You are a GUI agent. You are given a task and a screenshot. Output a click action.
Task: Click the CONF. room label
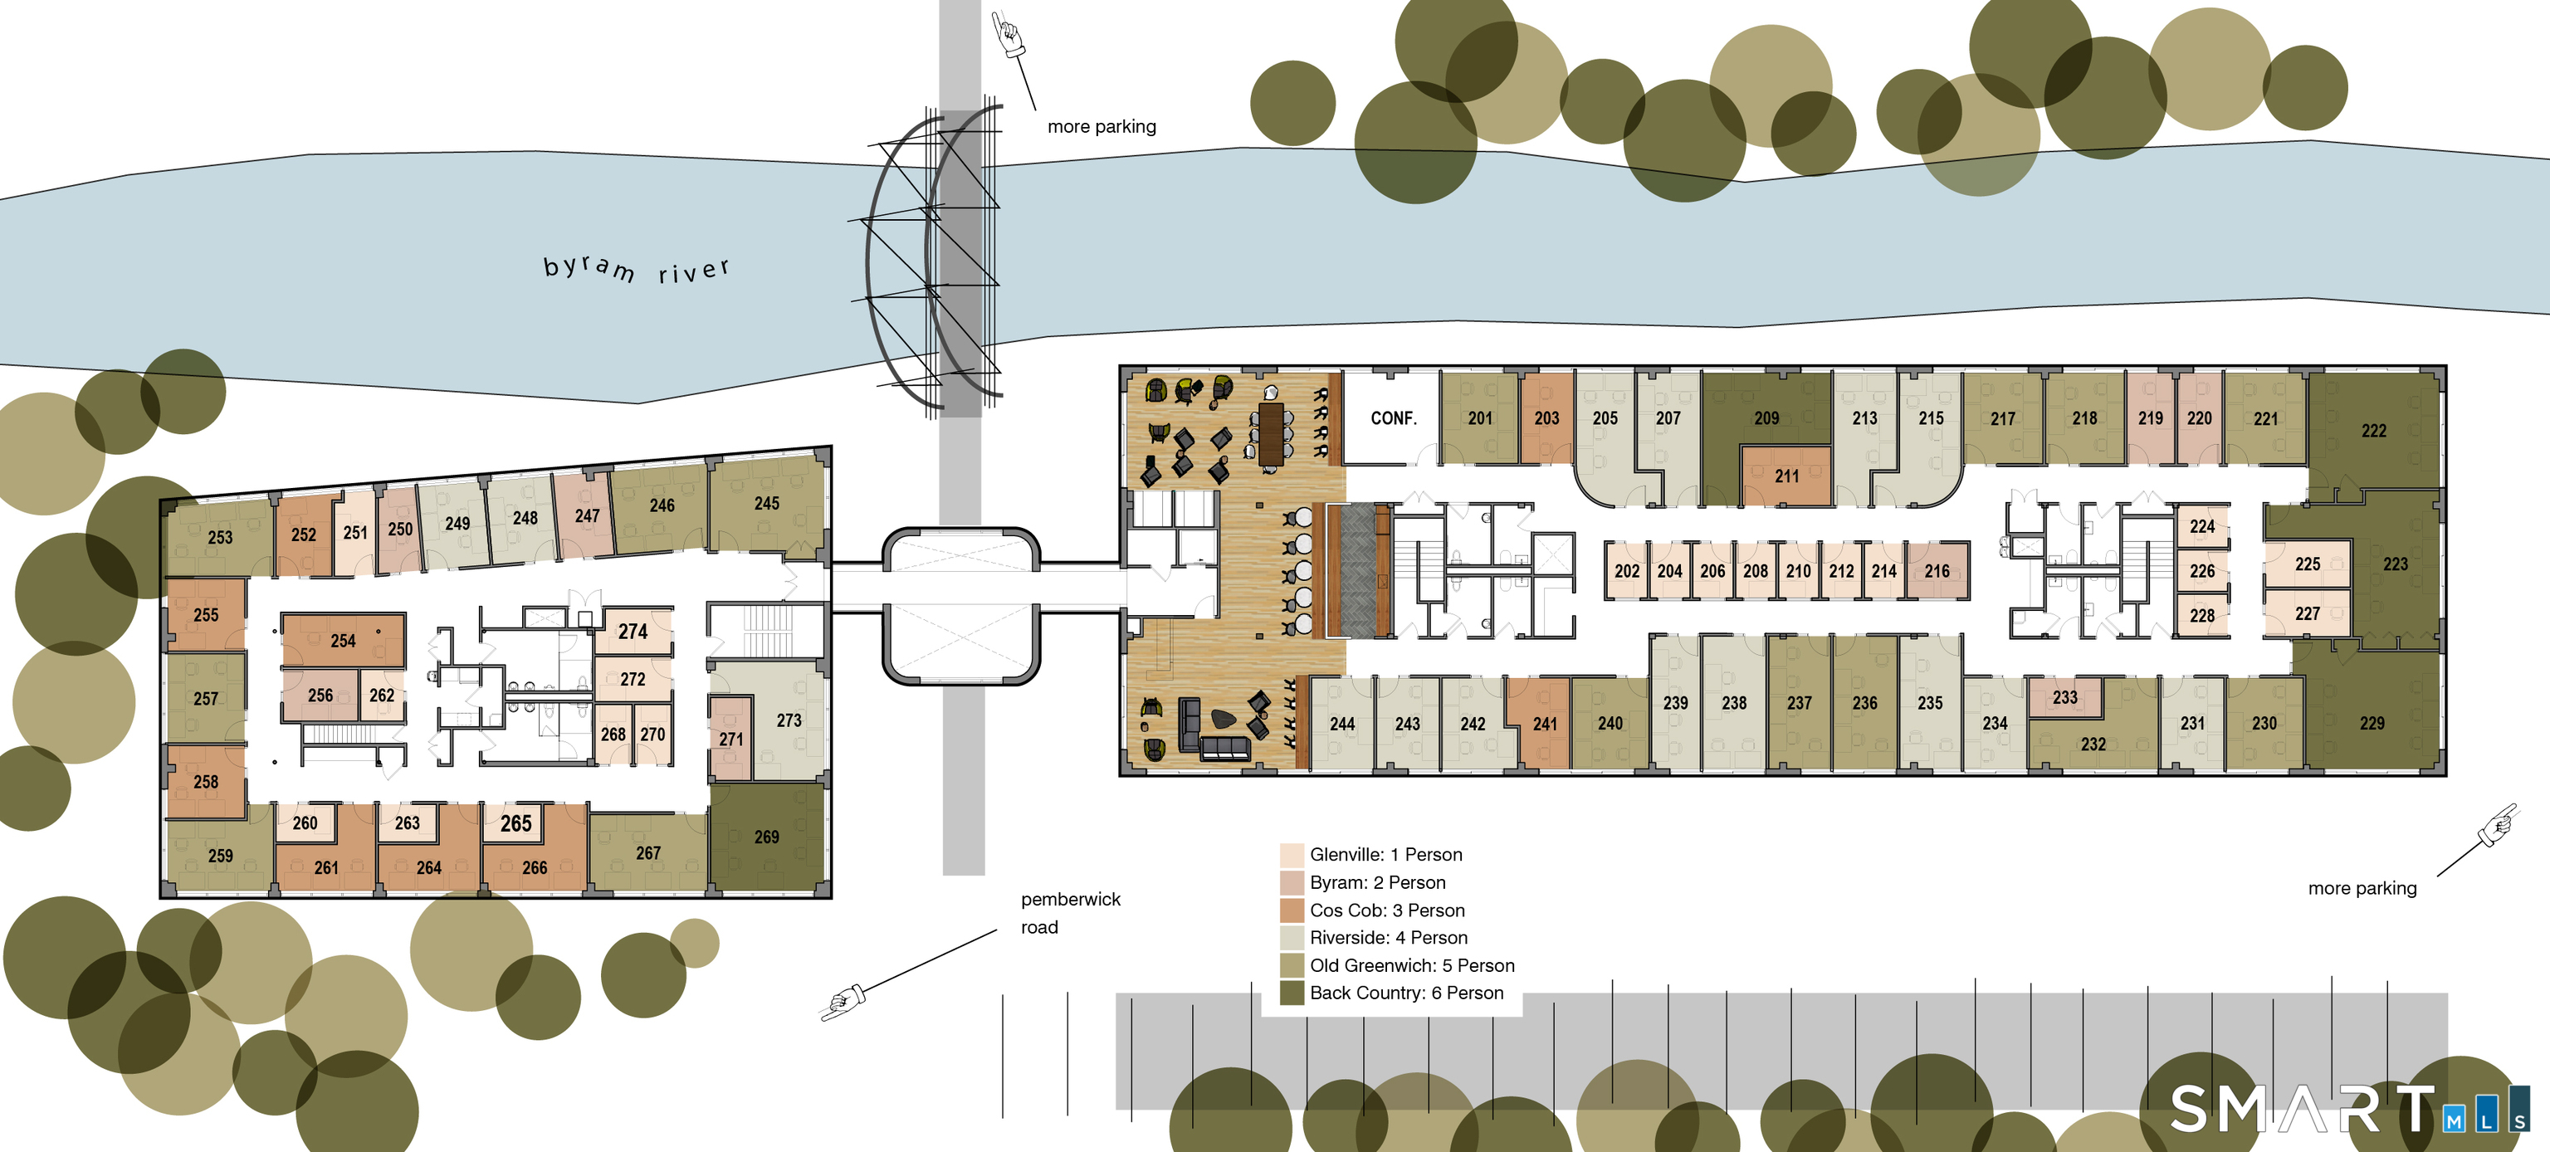click(x=1393, y=418)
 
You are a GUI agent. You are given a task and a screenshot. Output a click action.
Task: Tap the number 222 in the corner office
click(x=2373, y=431)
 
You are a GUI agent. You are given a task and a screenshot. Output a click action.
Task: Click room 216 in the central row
click(x=1937, y=571)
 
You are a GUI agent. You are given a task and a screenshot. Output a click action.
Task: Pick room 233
click(x=2065, y=696)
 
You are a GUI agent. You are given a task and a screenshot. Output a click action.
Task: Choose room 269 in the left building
click(x=766, y=837)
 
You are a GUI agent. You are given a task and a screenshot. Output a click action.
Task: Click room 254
click(x=343, y=641)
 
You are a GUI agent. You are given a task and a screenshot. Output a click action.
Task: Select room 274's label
click(x=633, y=632)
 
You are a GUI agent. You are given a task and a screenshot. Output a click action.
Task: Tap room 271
click(x=730, y=739)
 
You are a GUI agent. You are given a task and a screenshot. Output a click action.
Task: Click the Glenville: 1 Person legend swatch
click(x=1291, y=854)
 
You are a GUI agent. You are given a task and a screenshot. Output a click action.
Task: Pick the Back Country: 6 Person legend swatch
click(x=1291, y=993)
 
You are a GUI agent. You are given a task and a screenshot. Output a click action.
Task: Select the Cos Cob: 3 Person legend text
click(x=1387, y=910)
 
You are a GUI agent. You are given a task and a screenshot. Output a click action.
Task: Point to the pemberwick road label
click(x=1070, y=912)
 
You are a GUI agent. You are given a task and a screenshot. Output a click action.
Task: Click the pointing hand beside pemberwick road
click(x=843, y=1003)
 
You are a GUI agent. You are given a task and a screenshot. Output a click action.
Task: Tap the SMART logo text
click(x=2302, y=1109)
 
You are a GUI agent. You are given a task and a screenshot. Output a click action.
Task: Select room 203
click(x=1546, y=418)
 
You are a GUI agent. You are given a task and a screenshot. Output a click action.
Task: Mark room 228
click(x=2201, y=616)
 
